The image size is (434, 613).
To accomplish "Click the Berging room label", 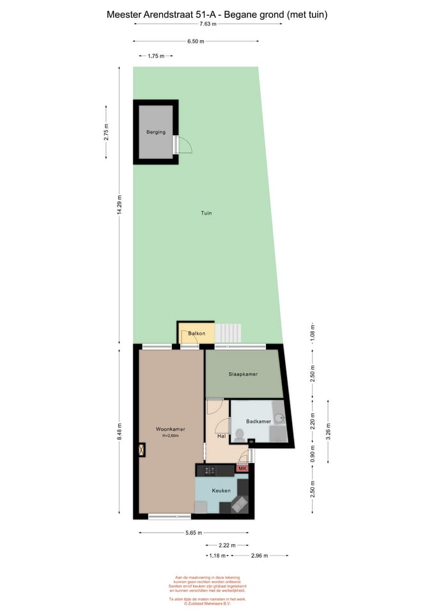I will [155, 132].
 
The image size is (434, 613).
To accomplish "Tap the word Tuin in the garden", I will [205, 213].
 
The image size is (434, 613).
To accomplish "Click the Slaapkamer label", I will [243, 374].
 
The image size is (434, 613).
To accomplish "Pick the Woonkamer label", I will [170, 429].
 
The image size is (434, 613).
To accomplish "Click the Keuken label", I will [221, 490].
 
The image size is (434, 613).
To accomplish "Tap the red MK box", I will [242, 469].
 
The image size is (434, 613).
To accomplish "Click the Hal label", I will [221, 436].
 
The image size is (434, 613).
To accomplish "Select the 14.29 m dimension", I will [120, 205].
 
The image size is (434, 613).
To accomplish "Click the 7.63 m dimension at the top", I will [208, 24].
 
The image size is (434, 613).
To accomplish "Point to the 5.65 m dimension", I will [193, 533].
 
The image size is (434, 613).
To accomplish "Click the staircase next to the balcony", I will [228, 333].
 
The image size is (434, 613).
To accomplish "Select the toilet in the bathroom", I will [240, 435].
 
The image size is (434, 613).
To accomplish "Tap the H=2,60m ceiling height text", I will [170, 436].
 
